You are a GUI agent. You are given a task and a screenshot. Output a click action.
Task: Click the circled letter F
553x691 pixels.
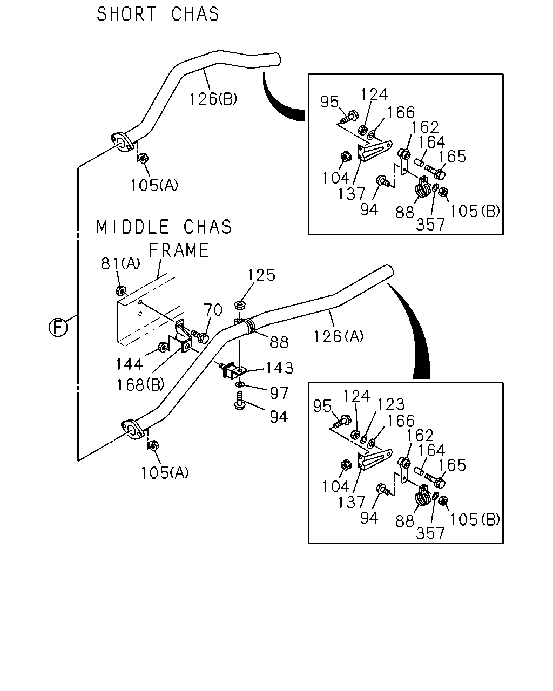pos(58,328)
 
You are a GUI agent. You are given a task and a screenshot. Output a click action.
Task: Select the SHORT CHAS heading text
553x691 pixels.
pos(158,14)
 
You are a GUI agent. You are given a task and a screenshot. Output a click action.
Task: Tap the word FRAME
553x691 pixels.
pos(179,251)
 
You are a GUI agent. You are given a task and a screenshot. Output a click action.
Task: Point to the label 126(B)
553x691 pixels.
pos(213,99)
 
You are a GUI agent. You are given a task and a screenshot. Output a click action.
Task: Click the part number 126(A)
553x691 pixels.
pos(339,337)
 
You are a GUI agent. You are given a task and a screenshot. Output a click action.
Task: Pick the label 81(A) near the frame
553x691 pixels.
pos(120,263)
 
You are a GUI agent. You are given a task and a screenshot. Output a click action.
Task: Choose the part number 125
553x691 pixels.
pos(261,275)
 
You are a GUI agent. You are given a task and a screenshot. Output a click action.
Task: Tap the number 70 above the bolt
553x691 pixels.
pos(213,310)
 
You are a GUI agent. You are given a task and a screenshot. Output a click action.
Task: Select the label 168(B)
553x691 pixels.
pos(140,384)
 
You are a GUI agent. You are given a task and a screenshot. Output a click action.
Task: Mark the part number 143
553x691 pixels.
pos(280,368)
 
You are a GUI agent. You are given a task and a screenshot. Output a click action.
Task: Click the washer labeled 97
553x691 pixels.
pos(240,384)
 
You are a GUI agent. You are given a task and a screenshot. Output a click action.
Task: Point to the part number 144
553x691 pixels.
pos(129,364)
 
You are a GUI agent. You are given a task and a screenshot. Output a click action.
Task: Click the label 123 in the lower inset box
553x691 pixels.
pos(391,404)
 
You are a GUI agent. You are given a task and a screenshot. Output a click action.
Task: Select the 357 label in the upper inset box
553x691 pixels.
pos(430,225)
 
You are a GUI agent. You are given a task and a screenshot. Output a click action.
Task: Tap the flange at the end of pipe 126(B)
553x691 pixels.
pos(122,142)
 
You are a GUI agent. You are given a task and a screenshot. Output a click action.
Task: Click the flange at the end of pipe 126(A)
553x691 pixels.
pos(132,429)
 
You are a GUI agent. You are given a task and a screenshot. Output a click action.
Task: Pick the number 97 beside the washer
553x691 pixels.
pos(279,393)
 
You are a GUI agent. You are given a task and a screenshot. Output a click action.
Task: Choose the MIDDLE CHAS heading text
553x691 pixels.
pos(164,227)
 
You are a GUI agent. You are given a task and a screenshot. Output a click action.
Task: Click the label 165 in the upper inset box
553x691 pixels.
pos(452,157)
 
